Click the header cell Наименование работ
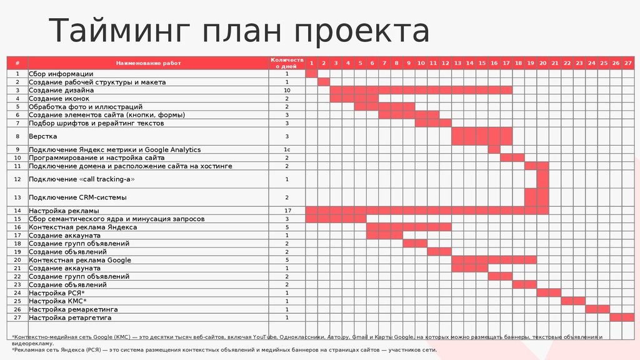147,63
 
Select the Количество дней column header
287,62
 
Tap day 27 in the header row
628,63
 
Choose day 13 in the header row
457,63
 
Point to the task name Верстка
43,136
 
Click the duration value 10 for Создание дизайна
287,91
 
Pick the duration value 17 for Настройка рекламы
287,211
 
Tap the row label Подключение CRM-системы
77,197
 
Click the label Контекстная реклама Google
80,260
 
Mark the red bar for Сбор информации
312,74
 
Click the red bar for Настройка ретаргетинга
622,317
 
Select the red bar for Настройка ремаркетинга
597,309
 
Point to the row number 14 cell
17,211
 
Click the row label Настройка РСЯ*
57,293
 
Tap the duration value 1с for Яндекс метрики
287,150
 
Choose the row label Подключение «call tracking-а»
82,179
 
